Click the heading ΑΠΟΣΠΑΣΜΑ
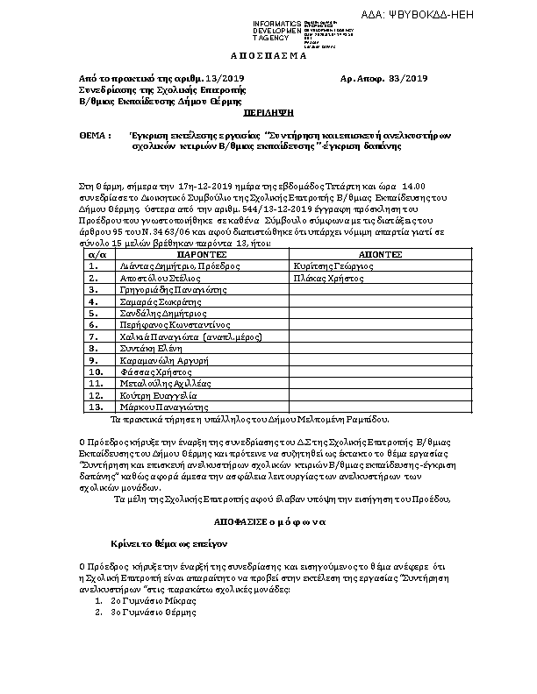(268, 54)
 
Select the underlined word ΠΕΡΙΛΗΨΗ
(268, 114)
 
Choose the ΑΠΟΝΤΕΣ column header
(380, 251)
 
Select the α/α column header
(98, 251)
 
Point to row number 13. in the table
(97, 407)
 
